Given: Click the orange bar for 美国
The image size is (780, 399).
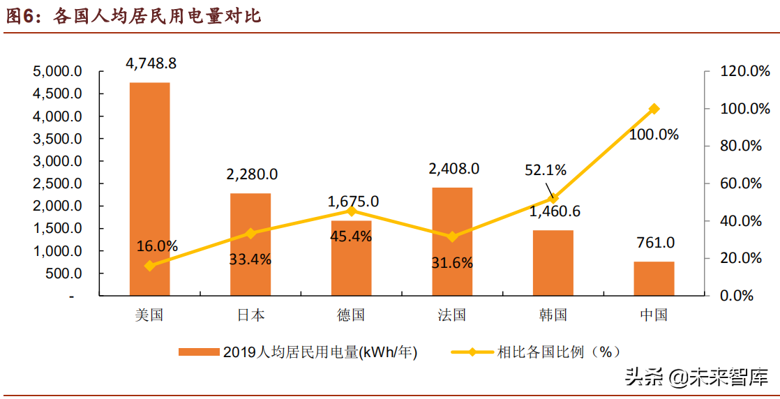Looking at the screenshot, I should (149, 188).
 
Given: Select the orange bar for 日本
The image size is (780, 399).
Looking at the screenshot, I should (250, 244).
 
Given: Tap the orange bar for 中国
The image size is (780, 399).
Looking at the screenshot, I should (654, 278).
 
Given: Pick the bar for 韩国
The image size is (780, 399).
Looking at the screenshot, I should (553, 262).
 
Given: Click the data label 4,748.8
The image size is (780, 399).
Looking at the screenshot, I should (151, 63).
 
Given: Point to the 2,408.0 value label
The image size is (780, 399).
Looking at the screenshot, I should (453, 168).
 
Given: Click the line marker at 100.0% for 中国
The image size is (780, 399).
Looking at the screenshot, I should (654, 109).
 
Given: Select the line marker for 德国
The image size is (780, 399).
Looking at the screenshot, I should (352, 211).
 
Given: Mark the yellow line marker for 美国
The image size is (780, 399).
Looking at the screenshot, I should (149, 266).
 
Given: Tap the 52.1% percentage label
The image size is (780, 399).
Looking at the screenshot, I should (547, 170).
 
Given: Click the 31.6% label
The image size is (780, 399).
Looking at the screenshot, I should (453, 263).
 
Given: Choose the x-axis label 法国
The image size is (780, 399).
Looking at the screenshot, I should (452, 315).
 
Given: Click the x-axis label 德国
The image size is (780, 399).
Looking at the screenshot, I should (351, 315).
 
